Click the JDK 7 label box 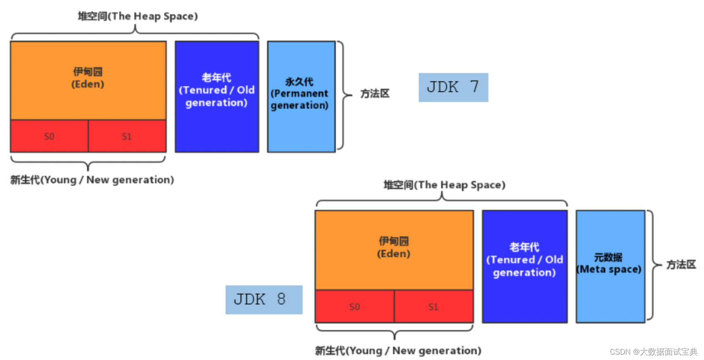[x=453, y=87]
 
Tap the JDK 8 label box [x=264, y=299]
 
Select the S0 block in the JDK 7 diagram [x=49, y=136]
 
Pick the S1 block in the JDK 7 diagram [x=127, y=136]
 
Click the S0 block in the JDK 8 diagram [x=354, y=307]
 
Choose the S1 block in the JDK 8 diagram [x=433, y=307]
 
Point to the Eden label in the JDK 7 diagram [x=87, y=78]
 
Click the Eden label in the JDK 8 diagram [x=393, y=248]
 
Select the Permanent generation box [x=301, y=96]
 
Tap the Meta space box [x=610, y=266]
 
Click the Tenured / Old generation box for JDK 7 [x=216, y=96]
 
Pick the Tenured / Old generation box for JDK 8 [x=524, y=266]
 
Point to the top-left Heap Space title [x=138, y=16]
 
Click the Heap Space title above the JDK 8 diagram [x=444, y=185]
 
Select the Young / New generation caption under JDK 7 [x=92, y=180]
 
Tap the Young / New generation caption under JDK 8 [x=398, y=351]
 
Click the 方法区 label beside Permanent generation [x=375, y=94]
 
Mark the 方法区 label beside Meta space [x=681, y=265]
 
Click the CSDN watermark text [x=653, y=352]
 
